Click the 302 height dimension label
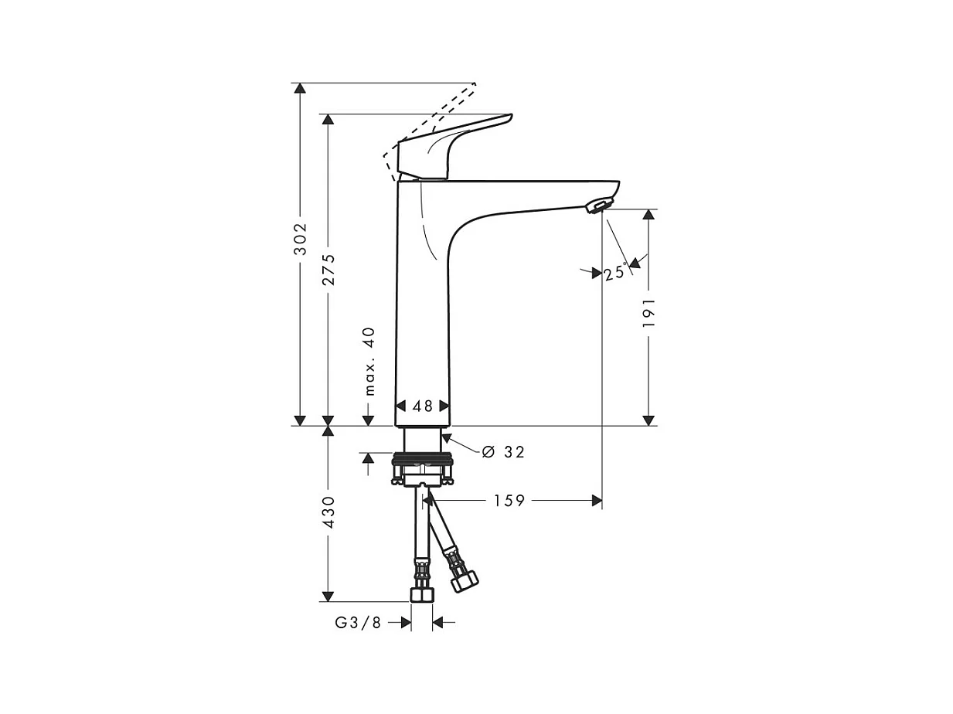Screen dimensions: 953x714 300,239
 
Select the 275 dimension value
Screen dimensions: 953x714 328,270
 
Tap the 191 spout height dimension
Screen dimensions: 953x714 648,312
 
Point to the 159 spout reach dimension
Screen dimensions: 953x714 509,501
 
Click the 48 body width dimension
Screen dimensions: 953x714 423,406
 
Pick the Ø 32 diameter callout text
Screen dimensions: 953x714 503,452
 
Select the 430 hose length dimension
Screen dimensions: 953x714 328,512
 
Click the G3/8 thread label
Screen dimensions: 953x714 358,623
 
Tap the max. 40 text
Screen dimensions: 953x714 369,362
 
